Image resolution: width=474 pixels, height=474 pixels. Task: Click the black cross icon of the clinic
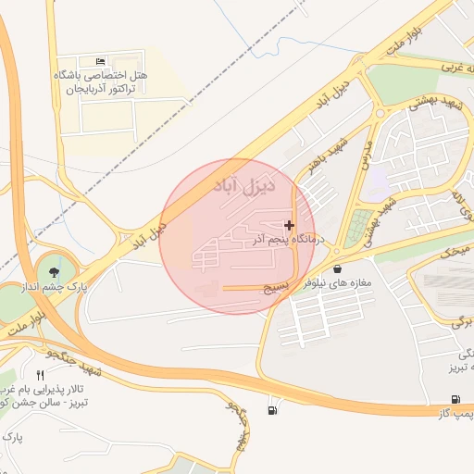(x=290, y=225)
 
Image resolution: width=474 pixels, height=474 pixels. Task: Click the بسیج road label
(x=277, y=288)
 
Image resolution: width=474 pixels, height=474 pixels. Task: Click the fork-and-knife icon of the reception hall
(x=39, y=374)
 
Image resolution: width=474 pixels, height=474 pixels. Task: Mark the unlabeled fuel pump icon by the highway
(x=270, y=409)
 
